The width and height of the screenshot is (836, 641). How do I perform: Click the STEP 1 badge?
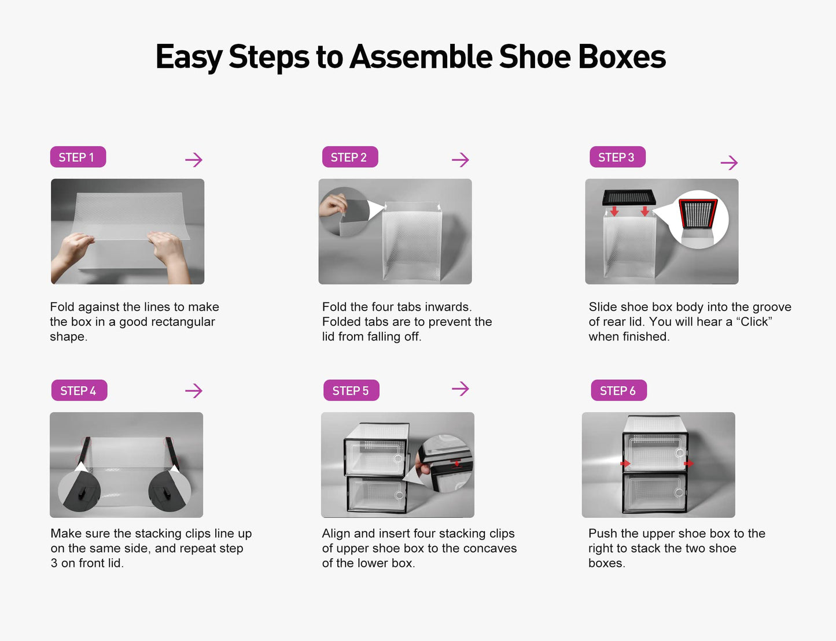(78, 157)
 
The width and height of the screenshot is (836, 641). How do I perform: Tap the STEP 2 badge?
(349, 157)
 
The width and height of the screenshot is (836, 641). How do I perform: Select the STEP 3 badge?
(617, 157)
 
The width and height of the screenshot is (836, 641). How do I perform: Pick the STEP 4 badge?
(79, 391)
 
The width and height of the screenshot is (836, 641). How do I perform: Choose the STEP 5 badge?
(351, 391)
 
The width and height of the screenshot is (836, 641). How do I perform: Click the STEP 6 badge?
(618, 391)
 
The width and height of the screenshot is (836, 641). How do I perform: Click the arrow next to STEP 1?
(194, 160)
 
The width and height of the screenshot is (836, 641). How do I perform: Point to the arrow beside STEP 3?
(729, 162)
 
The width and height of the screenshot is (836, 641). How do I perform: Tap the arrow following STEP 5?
(461, 388)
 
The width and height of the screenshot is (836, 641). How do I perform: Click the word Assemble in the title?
(421, 57)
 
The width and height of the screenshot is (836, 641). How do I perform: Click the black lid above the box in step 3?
(629, 197)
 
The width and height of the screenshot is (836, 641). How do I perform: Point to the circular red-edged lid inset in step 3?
(698, 218)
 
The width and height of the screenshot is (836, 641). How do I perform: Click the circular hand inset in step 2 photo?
(344, 212)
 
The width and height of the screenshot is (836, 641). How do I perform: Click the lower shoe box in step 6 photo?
(654, 492)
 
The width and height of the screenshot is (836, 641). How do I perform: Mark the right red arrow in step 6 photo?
(688, 464)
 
